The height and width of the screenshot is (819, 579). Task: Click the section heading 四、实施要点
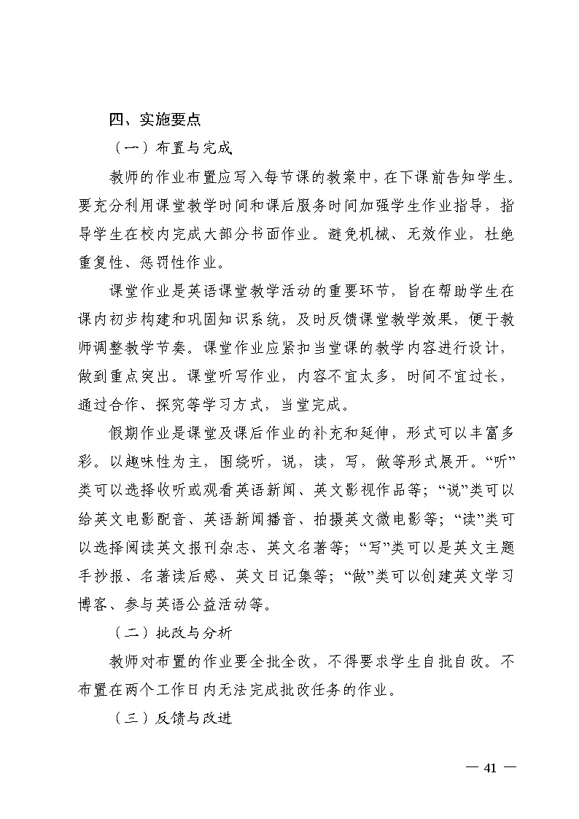(155, 120)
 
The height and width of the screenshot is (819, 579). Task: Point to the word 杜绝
(500, 233)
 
